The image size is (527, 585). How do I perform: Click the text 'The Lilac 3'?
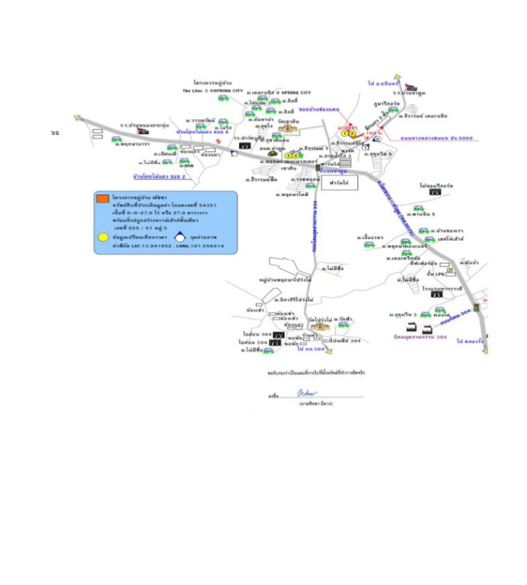195,91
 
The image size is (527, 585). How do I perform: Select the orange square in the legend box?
104,198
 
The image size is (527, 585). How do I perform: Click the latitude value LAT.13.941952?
156,246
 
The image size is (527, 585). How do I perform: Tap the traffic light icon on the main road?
477,308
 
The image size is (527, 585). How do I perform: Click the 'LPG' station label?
441,273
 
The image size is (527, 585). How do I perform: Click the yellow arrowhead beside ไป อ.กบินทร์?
397,77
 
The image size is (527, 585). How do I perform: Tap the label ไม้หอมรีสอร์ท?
436,186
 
